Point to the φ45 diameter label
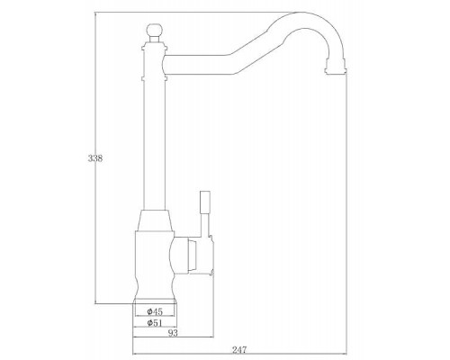point(154,310)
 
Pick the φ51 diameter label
point(154,321)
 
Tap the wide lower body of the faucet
point(154,261)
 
